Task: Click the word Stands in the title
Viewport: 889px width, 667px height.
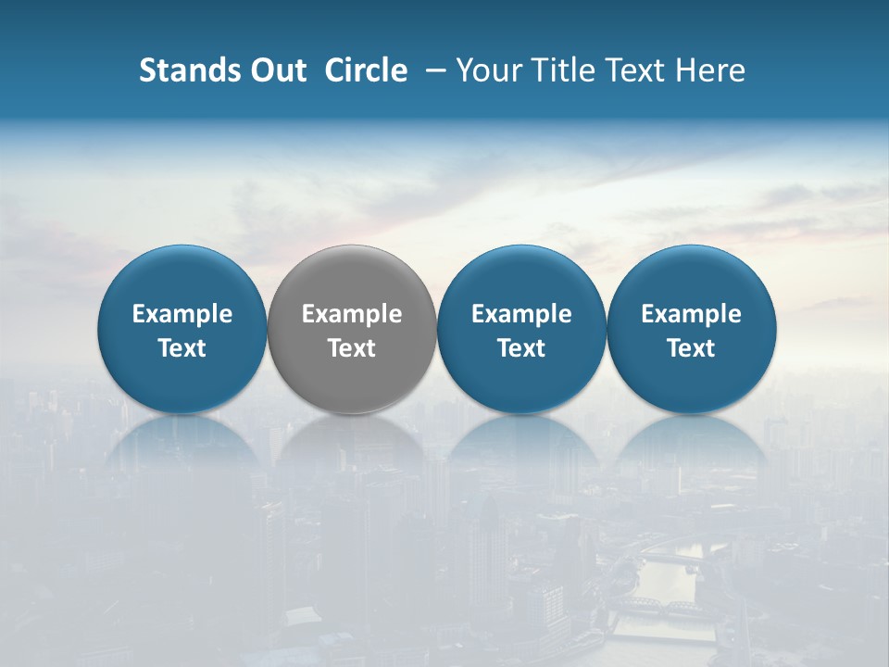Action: [182, 70]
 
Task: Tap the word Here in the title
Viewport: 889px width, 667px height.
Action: [710, 70]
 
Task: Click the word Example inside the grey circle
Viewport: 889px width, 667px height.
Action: [352, 314]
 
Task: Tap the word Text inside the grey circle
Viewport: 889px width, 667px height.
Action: [352, 348]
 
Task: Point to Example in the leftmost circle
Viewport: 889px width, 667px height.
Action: [182, 314]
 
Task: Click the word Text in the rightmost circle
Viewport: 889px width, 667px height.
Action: [692, 348]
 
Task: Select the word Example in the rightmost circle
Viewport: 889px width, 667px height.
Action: [692, 314]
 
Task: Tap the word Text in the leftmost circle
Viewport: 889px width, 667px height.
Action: [182, 348]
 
